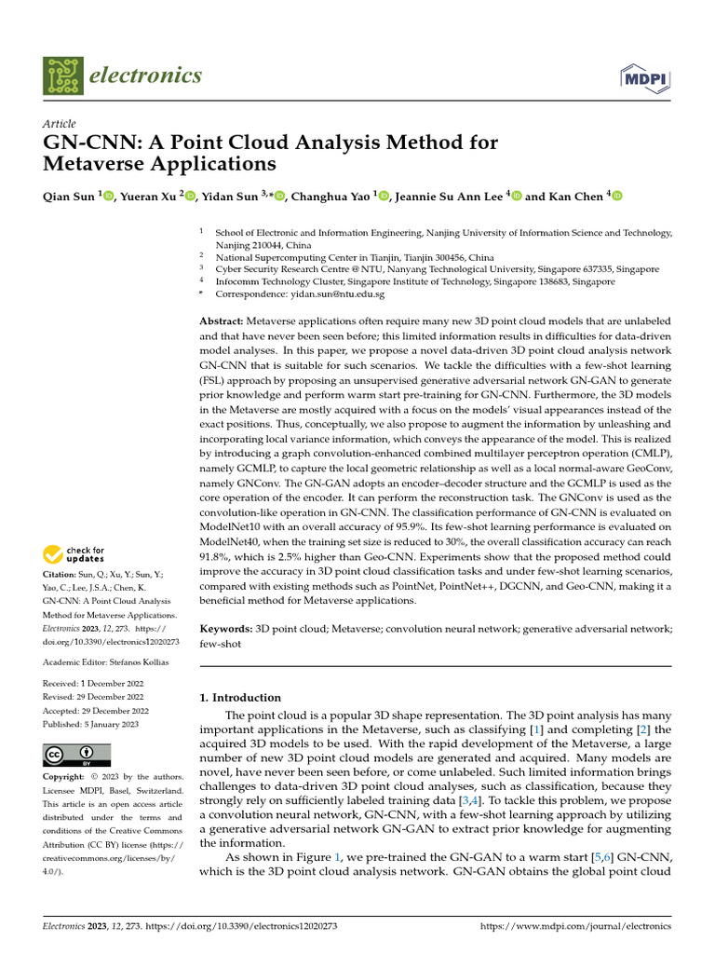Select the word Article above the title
[x=60, y=124]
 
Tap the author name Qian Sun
[x=70, y=197]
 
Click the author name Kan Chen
[x=574, y=197]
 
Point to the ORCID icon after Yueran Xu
[x=191, y=197]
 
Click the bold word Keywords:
[x=227, y=630]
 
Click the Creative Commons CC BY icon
[x=77, y=755]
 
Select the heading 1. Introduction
[x=240, y=697]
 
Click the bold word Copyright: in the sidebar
[x=64, y=776]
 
